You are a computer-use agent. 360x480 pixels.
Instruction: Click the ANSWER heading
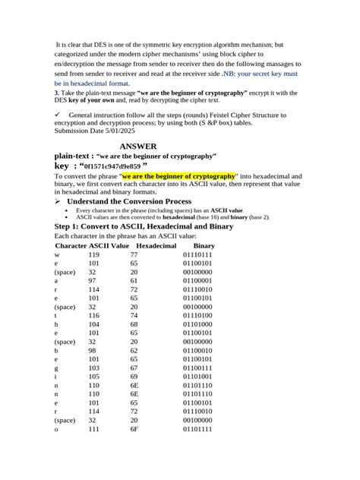point(138,146)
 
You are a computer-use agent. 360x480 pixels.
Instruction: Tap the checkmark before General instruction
point(57,114)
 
